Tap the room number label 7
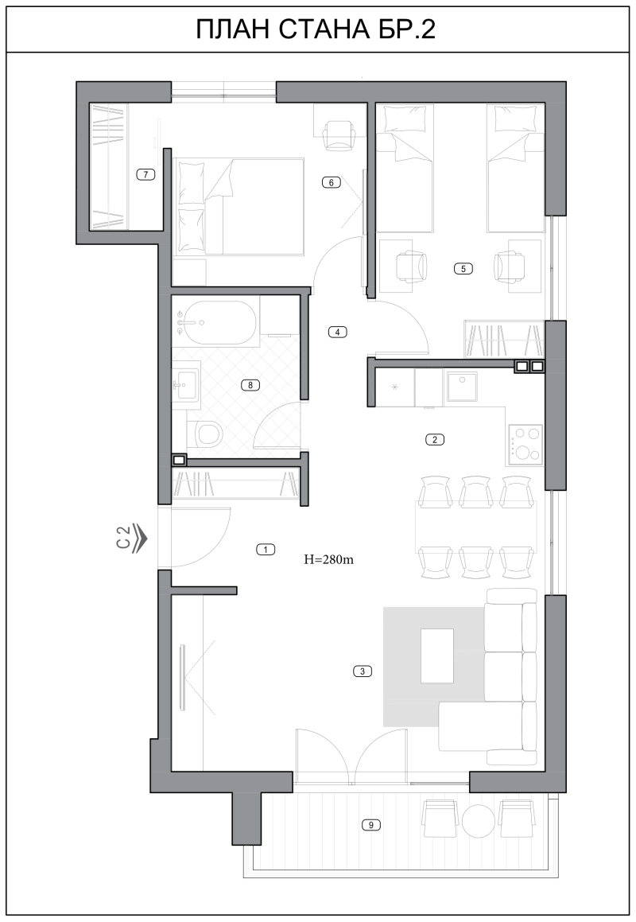tap(145, 174)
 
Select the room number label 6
tap(331, 182)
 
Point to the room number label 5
tap(463, 269)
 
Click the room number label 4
tap(337, 332)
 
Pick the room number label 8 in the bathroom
tap(250, 385)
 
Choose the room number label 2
tap(434, 439)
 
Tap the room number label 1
tap(266, 550)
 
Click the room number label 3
tap(363, 671)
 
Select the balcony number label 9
tap(371, 825)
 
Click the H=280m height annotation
tap(328, 560)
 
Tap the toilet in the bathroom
tap(207, 434)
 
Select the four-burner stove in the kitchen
tap(525, 444)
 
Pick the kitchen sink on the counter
tap(461, 387)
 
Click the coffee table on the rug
tap(436, 656)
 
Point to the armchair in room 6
tap(340, 134)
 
